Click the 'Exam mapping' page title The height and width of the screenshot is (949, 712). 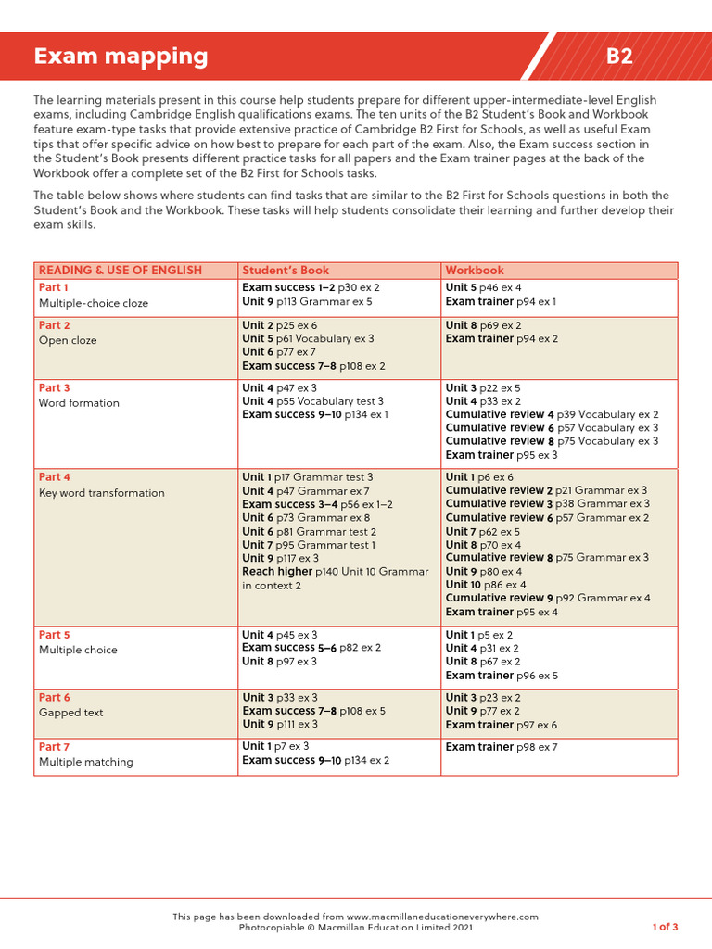click(121, 57)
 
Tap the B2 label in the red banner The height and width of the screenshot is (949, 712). click(619, 57)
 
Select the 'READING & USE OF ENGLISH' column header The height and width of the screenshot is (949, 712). click(120, 271)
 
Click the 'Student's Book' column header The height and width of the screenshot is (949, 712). click(286, 271)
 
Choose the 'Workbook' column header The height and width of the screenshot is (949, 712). click(475, 271)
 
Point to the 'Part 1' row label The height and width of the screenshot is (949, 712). click(54, 287)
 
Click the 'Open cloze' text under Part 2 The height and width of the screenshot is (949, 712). click(68, 340)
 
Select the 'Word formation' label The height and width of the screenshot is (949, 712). click(79, 403)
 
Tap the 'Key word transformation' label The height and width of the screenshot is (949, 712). click(101, 493)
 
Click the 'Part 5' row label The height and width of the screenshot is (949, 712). click(54, 635)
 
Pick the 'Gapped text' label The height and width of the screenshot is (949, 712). click(70, 713)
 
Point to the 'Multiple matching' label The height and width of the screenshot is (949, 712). click(85, 762)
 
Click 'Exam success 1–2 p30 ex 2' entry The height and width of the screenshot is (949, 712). click(311, 287)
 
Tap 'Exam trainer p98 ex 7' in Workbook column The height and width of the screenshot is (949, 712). click(502, 747)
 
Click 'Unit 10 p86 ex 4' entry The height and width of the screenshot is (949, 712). click(486, 585)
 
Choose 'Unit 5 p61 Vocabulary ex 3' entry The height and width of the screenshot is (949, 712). click(308, 339)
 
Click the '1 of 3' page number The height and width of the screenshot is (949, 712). click(665, 927)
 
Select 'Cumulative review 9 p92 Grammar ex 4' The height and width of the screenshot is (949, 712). click(548, 599)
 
